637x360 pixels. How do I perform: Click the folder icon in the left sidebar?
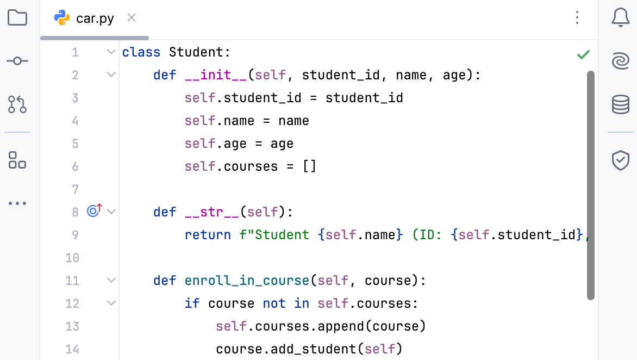click(x=17, y=17)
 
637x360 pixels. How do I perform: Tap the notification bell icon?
click(x=620, y=17)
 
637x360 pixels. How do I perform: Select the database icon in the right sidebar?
click(x=620, y=104)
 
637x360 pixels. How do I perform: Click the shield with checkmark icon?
click(x=620, y=160)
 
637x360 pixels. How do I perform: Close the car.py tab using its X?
click(x=131, y=17)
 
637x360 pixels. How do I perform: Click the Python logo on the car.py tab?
click(x=62, y=17)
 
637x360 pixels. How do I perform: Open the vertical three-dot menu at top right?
click(x=577, y=17)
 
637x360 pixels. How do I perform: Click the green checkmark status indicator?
click(x=583, y=54)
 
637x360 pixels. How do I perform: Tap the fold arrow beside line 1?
click(x=111, y=52)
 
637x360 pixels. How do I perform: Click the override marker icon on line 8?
click(x=94, y=210)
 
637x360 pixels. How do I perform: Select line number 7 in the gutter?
click(x=75, y=189)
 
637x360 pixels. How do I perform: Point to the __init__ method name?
click(x=216, y=75)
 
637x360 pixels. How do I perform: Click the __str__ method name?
click(x=211, y=212)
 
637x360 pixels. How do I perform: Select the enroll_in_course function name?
click(x=247, y=281)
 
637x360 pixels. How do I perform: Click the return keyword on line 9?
click(x=208, y=235)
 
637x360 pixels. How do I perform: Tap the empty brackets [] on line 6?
click(x=309, y=166)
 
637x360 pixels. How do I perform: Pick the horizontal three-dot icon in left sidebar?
click(x=17, y=203)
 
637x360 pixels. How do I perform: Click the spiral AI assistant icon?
click(x=620, y=61)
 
